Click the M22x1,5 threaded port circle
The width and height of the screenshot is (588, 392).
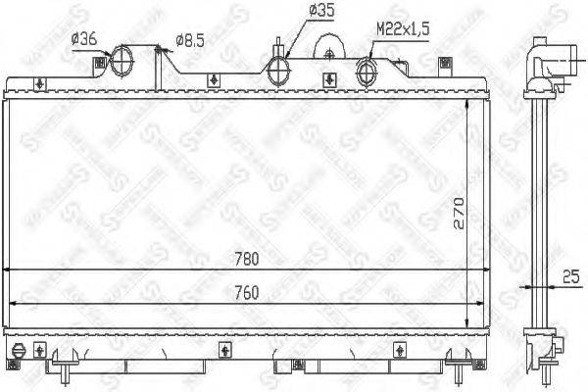[368, 71]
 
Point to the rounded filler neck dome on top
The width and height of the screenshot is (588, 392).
[330, 47]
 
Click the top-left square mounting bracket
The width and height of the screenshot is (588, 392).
[97, 64]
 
